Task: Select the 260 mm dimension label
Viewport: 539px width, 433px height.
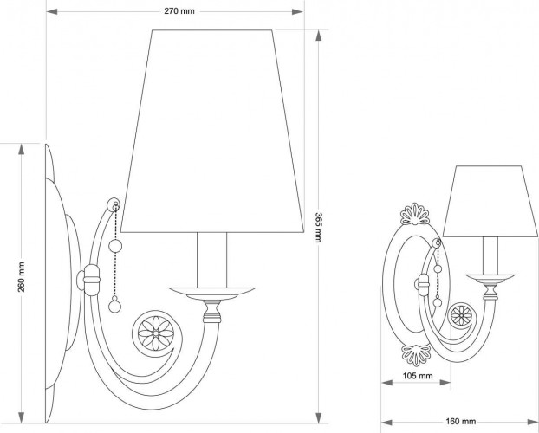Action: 22,276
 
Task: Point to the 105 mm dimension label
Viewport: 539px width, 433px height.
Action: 419,376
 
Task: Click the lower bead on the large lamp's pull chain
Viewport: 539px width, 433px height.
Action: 113,304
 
